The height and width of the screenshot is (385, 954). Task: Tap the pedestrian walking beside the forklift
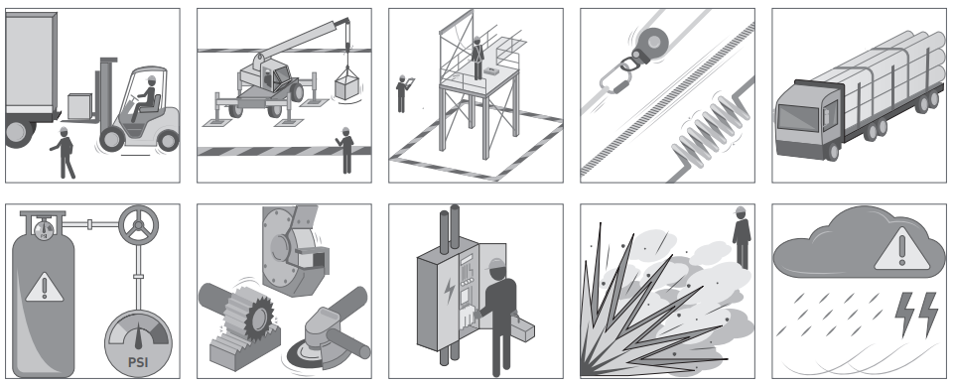pos(64,153)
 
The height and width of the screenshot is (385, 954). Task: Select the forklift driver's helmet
pos(152,79)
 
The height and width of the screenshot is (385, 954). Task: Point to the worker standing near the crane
pos(345,150)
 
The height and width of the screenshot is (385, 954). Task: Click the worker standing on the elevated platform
pos(478,59)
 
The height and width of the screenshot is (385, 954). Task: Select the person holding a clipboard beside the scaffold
pos(402,93)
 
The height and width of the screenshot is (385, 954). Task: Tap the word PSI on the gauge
pos(139,362)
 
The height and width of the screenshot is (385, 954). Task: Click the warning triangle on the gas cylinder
pos(44,287)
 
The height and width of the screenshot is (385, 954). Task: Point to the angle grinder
pos(329,328)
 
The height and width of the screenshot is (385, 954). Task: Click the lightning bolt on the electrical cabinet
pos(449,291)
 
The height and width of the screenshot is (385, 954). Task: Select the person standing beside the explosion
pos(742,238)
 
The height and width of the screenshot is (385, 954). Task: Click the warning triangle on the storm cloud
pos(901,251)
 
